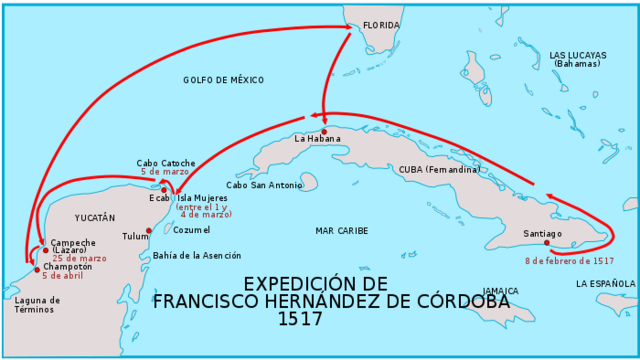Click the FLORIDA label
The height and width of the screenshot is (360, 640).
[381, 25]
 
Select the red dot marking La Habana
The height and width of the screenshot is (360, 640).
[324, 131]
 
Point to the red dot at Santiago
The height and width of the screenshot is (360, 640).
[547, 243]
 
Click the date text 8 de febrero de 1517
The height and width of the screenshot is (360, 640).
[569, 261]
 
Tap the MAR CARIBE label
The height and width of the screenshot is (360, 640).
[342, 231]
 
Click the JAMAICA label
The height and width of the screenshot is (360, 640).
[500, 291]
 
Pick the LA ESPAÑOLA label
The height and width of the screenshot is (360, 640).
[605, 284]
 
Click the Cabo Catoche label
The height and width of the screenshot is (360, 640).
[166, 163]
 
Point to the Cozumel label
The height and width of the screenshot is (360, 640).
[192, 230]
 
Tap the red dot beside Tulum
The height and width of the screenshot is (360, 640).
[149, 231]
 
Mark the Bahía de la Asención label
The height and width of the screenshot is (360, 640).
[197, 256]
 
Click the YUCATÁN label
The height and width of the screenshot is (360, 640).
[95, 217]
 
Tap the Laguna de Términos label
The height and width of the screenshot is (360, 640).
[38, 304]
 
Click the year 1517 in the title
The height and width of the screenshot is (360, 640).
[301, 320]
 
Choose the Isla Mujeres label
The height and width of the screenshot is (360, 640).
[203, 198]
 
